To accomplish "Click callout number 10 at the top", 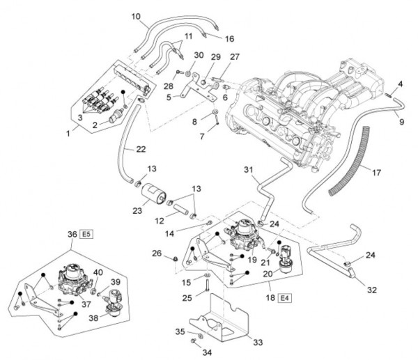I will coord(136,15).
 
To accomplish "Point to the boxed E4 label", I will coord(285,299).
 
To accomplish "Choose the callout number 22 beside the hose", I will coord(141,149).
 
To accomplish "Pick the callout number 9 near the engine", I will coord(401,102).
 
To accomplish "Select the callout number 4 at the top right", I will coord(400,84).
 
